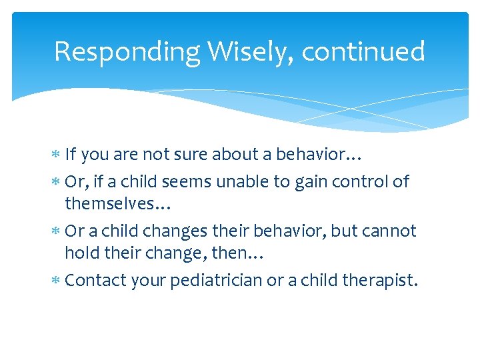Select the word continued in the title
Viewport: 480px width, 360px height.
coord(363,52)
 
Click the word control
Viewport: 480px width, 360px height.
coord(359,181)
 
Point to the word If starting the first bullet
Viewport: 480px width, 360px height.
coord(71,155)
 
